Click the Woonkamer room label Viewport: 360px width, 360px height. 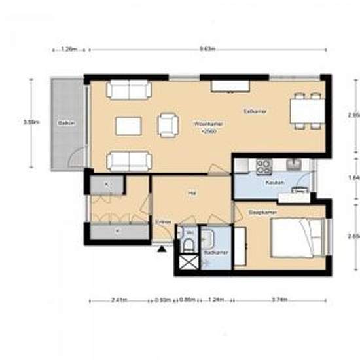click(204, 122)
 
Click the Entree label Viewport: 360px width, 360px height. click(163, 222)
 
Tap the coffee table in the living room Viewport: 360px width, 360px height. click(128, 125)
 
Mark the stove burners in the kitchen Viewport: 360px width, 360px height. click(264, 166)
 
